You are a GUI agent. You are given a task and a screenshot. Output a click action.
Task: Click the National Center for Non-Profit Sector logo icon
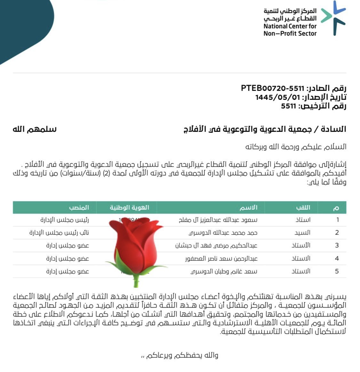(334, 18)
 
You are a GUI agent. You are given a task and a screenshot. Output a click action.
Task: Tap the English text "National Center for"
(290, 26)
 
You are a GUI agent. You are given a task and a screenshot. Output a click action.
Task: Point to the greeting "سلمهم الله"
(35, 129)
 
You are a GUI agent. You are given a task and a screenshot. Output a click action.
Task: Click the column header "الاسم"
(248, 208)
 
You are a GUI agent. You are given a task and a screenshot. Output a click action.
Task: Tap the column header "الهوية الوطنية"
(130, 208)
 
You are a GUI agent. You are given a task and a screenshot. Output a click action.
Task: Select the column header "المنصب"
(79, 208)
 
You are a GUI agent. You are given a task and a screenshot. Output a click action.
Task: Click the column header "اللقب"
(303, 208)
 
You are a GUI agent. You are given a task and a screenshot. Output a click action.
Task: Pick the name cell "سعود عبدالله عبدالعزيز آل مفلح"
(218, 220)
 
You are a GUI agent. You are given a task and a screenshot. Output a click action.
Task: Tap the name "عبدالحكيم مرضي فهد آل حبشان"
(216, 246)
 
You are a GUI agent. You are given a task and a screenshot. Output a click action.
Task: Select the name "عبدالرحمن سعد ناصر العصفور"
(221, 259)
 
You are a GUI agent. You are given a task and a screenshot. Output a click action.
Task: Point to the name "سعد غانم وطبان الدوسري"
(224, 271)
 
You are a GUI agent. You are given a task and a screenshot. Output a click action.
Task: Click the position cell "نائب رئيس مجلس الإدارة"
(59, 233)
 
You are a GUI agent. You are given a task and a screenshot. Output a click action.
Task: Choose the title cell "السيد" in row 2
(302, 233)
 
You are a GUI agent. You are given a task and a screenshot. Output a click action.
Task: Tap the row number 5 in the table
(337, 271)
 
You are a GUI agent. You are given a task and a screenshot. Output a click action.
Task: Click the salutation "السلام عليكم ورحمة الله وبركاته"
(296, 147)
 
